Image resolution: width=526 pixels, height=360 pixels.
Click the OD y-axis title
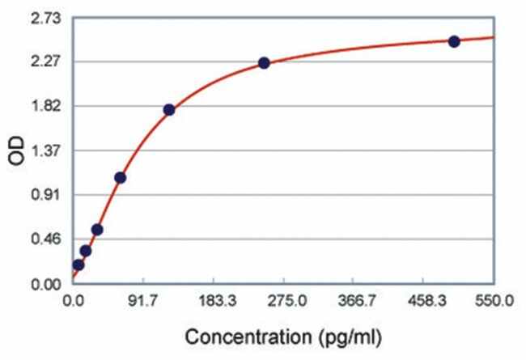click(x=17, y=151)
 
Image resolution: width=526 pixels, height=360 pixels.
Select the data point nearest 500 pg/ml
click(x=454, y=41)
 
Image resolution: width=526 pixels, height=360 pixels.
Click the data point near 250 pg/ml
click(x=264, y=62)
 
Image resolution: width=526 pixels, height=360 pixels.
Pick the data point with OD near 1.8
click(x=168, y=109)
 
